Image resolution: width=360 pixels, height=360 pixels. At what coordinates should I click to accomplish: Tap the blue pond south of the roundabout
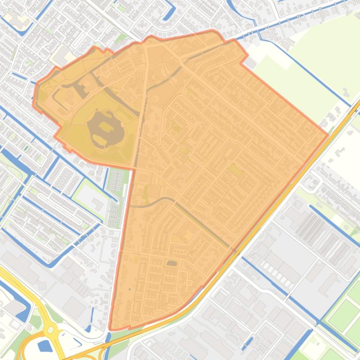tap(45, 346)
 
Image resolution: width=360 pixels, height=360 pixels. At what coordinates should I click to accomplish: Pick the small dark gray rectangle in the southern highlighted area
tap(172, 263)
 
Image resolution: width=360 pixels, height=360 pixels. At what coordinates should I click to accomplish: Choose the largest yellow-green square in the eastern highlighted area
tap(235, 170)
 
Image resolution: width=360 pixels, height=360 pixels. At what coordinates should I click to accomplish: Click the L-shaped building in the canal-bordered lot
tap(98, 204)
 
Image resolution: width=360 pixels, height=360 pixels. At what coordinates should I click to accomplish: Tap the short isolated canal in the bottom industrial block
tap(247, 344)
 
